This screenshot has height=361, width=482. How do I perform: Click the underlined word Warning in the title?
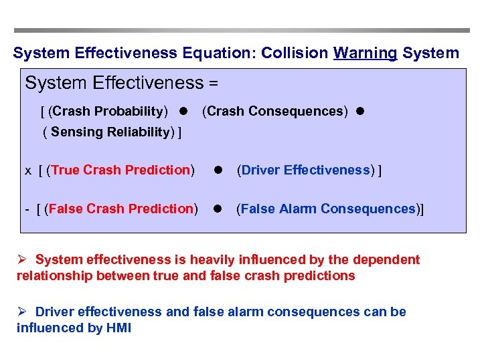tap(365, 53)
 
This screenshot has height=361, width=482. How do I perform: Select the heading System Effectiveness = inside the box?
tap(122, 84)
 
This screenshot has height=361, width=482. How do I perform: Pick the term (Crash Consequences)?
tap(275, 111)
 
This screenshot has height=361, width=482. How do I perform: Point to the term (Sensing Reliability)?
tap(112, 132)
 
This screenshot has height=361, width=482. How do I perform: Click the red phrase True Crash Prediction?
tap(120, 170)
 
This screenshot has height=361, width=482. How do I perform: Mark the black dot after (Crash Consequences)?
tap(359, 112)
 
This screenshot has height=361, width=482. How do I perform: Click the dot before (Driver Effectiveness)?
tap(218, 170)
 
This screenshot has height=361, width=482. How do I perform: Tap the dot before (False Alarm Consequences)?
tap(218, 209)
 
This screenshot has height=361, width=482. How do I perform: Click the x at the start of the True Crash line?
tap(28, 170)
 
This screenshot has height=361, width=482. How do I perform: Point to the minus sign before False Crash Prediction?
tap(27, 209)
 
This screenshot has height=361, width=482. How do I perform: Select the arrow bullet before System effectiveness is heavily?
tap(22, 259)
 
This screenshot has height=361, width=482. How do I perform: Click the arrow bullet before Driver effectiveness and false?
tap(22, 312)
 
